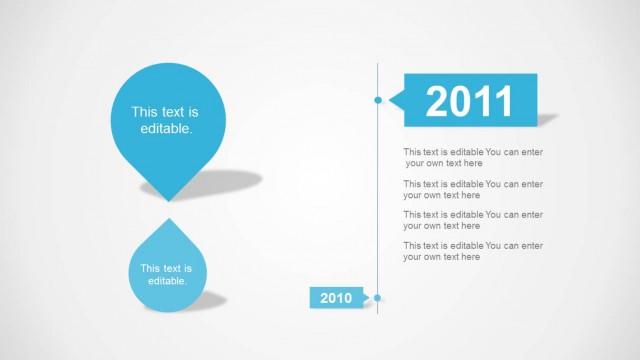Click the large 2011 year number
(469, 100)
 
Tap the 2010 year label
(336, 298)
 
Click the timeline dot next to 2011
(378, 100)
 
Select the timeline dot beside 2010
(378, 298)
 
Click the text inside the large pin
(165, 121)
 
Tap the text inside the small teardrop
(167, 274)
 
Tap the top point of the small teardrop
(168, 221)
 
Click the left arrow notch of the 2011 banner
(392, 100)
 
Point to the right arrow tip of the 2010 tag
(370, 298)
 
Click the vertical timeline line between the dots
(378, 200)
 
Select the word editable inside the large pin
(166, 130)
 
